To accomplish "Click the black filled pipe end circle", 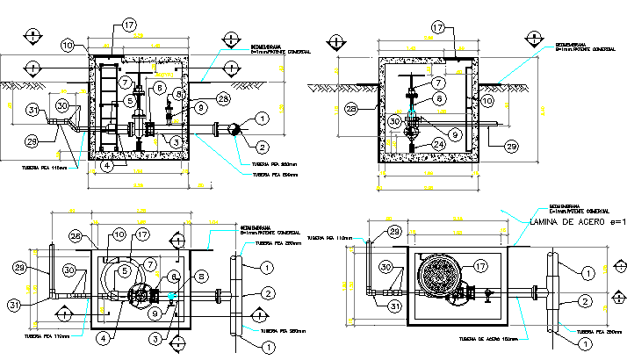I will pyautogui.click(x=234, y=129).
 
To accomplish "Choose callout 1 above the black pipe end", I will pyautogui.click(x=261, y=119).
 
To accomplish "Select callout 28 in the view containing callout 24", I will pyautogui.click(x=351, y=109).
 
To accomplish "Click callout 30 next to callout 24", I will pyautogui.click(x=395, y=121).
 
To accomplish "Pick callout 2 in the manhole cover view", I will pyautogui.click(x=582, y=302).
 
